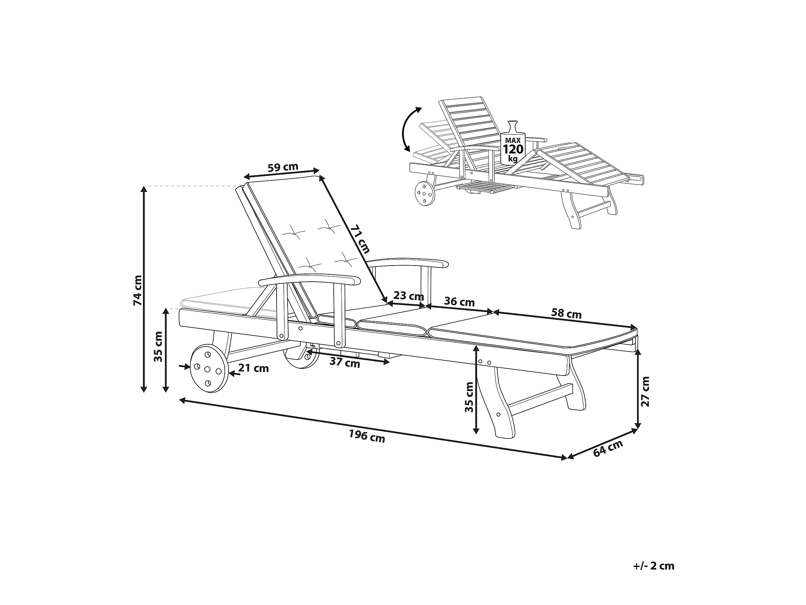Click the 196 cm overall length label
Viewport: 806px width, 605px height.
367,436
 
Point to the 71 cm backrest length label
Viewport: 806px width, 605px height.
360,239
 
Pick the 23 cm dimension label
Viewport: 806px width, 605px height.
408,295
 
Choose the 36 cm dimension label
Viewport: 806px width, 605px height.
459,302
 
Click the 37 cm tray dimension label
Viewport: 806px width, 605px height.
345,363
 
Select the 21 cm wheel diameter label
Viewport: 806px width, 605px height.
254,368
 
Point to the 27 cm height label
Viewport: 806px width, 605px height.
645,392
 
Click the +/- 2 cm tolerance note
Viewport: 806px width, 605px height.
653,566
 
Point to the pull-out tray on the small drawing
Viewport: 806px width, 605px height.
485,188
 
